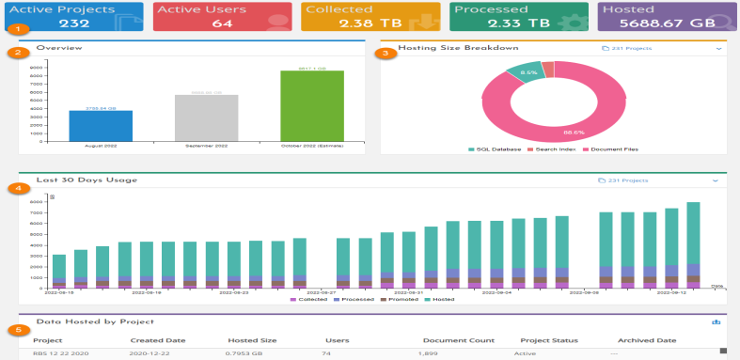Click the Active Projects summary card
72,16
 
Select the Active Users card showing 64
221,16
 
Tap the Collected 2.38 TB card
370,16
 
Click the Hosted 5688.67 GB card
667,16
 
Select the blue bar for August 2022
101,124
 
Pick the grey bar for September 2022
206,117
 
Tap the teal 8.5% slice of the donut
528,72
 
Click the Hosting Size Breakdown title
458,47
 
